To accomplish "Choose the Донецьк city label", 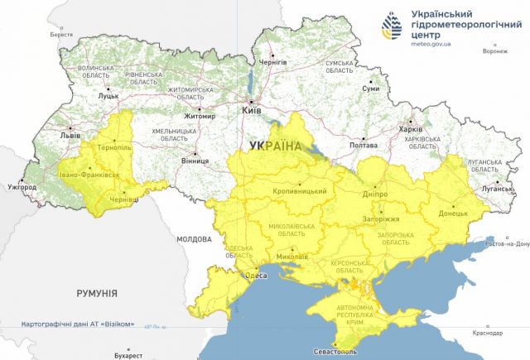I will pyautogui.click(x=453, y=213).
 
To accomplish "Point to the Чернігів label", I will pyautogui.click(x=272, y=62).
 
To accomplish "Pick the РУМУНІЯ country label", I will pyautogui.click(x=97, y=293).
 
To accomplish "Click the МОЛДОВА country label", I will pyautogui.click(x=194, y=239).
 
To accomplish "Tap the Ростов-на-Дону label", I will pyautogui.click(x=507, y=243).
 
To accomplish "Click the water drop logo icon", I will pyautogui.click(x=393, y=28).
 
